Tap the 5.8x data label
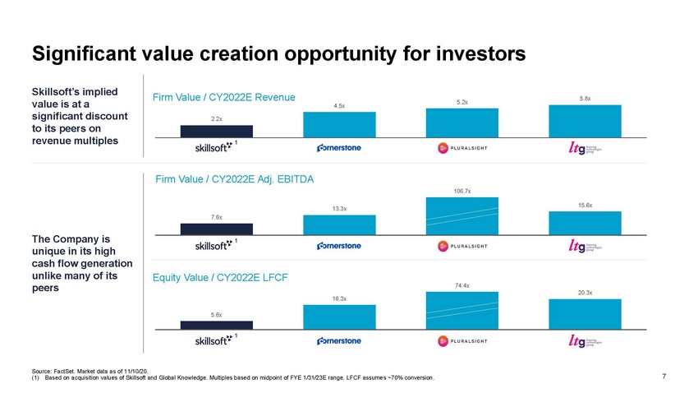click(585, 99)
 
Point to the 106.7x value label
click(462, 191)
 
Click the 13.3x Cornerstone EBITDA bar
click(339, 224)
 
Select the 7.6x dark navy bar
click(216, 229)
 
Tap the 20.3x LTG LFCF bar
click(585, 314)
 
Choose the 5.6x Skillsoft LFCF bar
click(216, 325)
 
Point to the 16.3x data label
click(339, 298)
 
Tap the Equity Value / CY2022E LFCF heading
click(220, 278)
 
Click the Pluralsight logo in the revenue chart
click(463, 149)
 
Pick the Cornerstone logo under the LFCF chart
click(339, 340)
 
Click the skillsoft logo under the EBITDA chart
click(212, 246)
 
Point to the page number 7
click(664, 377)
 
